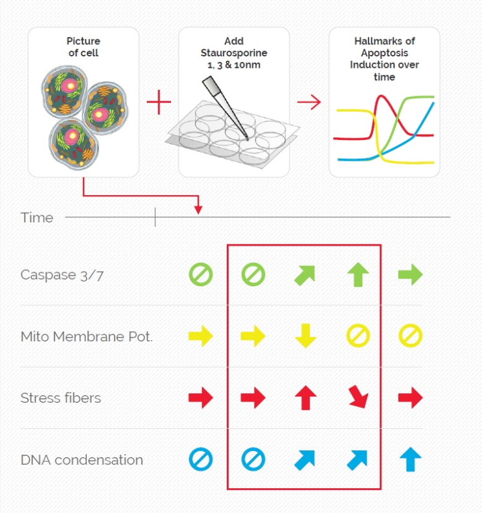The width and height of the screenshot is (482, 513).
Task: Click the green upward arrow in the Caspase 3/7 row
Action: click(358, 274)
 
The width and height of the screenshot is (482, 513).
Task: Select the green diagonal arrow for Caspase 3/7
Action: click(305, 275)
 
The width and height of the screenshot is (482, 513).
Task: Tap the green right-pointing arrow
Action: click(410, 274)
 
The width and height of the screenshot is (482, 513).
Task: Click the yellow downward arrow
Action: click(306, 336)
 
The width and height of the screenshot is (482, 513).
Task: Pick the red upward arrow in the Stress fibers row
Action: click(306, 398)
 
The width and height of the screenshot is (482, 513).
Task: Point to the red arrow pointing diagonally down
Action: click(358, 396)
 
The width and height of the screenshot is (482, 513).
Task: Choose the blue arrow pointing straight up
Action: click(410, 460)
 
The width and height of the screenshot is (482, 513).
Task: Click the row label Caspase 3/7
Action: click(62, 275)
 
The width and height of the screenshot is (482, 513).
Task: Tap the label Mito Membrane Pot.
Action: click(87, 336)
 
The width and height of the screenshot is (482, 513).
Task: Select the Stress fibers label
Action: click(61, 398)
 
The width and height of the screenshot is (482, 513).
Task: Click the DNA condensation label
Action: click(82, 460)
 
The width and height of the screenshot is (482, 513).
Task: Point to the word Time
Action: click(37, 218)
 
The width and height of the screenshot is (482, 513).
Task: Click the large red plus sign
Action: click(159, 102)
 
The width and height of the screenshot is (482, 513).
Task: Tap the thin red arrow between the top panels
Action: click(309, 102)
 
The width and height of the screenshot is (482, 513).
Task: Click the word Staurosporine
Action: click(234, 53)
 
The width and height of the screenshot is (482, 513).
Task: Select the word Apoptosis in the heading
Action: click(384, 53)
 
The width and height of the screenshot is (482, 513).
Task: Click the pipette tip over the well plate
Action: click(248, 139)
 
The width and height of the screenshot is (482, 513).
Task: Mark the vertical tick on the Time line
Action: click(155, 217)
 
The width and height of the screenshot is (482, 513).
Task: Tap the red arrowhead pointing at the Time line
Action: click(198, 210)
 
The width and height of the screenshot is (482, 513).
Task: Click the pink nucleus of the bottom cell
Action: click(72, 136)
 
